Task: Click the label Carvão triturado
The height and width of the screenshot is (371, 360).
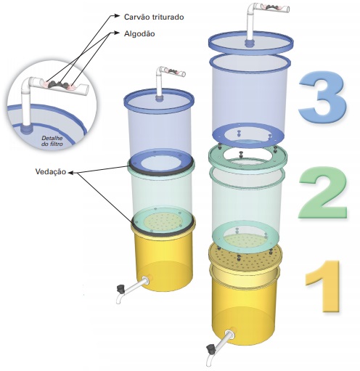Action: (154, 17)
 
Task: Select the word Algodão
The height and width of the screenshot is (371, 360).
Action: (139, 33)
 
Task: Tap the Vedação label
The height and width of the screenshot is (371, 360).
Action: (51, 171)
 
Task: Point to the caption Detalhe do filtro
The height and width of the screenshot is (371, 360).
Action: (52, 141)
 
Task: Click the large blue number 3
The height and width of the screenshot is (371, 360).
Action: (322, 97)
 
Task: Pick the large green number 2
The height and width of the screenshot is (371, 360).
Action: (322, 192)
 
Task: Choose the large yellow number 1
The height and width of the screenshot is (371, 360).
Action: (323, 285)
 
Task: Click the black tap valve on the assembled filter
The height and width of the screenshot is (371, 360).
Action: (120, 288)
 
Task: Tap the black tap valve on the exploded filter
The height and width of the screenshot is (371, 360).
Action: (210, 348)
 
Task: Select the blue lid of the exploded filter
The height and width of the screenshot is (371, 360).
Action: (251, 43)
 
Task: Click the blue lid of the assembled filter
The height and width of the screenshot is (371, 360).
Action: (159, 99)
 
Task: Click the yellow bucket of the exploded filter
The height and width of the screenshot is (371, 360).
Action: (245, 304)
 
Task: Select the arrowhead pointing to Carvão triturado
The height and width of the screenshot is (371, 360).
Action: (117, 16)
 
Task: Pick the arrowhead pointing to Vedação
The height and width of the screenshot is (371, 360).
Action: (70, 173)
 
